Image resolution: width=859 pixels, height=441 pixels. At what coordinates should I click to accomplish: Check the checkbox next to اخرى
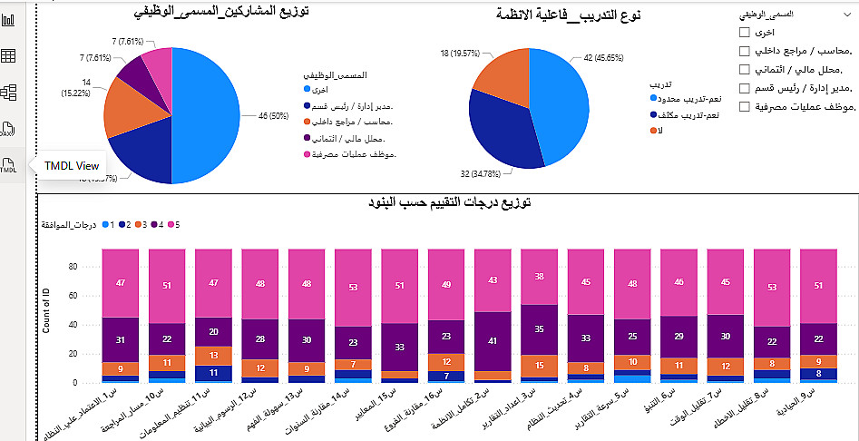click(x=745, y=33)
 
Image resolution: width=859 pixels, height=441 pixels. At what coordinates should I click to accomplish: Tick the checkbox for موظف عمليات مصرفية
click(x=745, y=107)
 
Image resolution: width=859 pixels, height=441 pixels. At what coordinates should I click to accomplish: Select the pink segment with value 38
click(x=539, y=277)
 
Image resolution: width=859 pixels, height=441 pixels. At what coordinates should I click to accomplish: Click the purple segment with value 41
click(x=493, y=341)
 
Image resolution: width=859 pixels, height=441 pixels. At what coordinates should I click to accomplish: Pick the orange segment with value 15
click(x=539, y=365)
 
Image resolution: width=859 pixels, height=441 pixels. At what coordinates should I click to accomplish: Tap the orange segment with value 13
click(x=213, y=355)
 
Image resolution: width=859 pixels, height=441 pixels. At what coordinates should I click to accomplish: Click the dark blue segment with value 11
click(x=213, y=372)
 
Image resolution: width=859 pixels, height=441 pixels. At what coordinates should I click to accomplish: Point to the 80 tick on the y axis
click(x=72, y=267)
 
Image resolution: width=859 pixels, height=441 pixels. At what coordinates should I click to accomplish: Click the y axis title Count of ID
click(x=45, y=309)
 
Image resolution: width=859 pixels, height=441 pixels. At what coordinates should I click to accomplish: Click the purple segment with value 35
click(x=539, y=329)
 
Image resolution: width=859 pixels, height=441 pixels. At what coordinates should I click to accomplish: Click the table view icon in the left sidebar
click(x=9, y=56)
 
